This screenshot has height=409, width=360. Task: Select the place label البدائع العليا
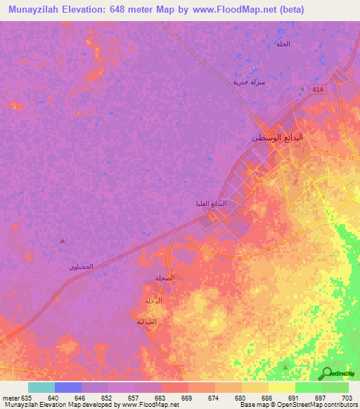(x=213, y=204)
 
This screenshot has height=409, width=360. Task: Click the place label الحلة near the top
(x=283, y=44)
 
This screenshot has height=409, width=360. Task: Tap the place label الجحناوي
(x=81, y=267)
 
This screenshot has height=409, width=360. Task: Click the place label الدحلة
(x=153, y=301)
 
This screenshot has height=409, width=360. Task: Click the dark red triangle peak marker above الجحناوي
(x=62, y=241)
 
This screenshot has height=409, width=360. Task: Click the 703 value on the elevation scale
(x=347, y=397)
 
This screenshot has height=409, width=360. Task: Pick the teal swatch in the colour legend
(x=41, y=387)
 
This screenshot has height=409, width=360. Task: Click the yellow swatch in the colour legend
(x=281, y=387)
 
